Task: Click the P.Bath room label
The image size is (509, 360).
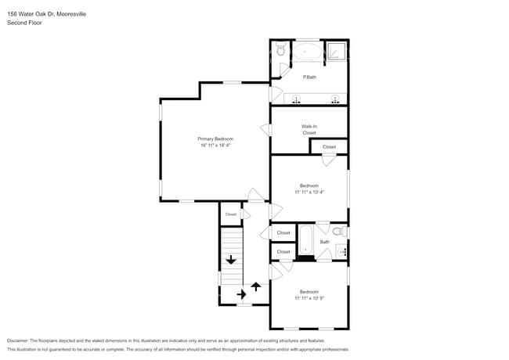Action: [x=309, y=77]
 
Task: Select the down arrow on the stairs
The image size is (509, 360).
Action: [x=232, y=260]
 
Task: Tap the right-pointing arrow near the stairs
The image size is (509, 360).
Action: [x=240, y=294]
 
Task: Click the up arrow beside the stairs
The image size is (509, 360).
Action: [x=255, y=287]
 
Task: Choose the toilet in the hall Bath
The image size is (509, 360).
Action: [x=338, y=232]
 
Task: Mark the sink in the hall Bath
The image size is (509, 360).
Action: [x=341, y=251]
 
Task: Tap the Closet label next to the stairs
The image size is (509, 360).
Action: [x=230, y=214]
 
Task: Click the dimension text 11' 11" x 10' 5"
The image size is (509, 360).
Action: [x=309, y=297]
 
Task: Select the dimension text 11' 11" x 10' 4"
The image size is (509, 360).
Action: [x=309, y=192]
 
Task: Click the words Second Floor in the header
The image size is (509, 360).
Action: [x=25, y=23]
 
